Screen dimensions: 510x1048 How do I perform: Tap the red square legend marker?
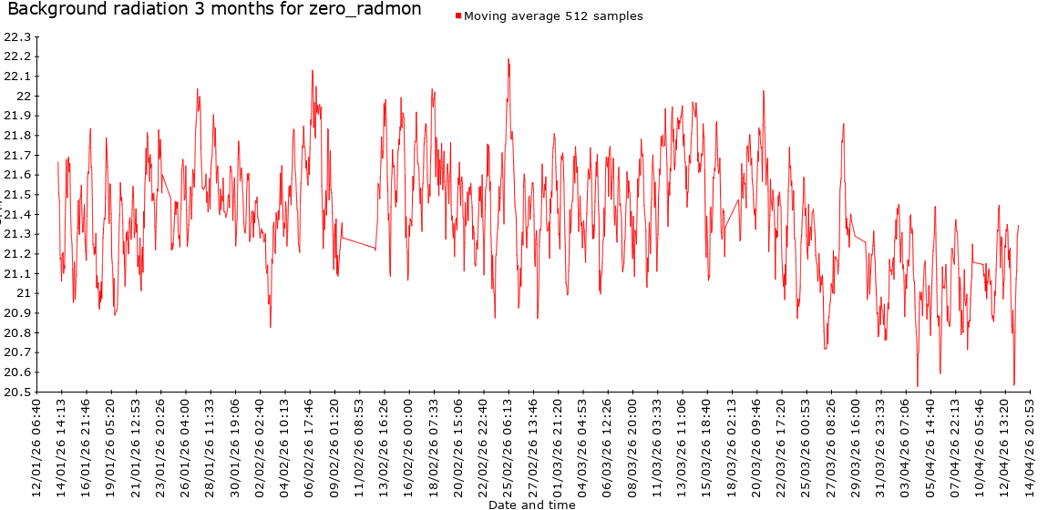(x=458, y=15)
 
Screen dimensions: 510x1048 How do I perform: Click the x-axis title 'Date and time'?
(x=531, y=504)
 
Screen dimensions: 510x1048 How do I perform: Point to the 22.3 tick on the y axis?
(x=17, y=37)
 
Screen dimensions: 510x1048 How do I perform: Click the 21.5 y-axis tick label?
(x=17, y=195)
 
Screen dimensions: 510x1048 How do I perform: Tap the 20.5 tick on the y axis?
(x=17, y=392)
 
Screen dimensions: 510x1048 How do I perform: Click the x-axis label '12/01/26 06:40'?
(x=37, y=446)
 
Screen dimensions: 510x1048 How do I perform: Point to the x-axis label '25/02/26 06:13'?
(x=509, y=446)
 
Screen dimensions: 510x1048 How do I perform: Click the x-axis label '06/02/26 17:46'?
(x=311, y=446)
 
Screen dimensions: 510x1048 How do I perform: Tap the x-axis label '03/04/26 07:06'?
(x=907, y=446)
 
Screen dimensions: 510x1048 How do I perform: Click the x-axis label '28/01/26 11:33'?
(x=211, y=446)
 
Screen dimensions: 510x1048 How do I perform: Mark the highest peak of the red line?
(x=509, y=59)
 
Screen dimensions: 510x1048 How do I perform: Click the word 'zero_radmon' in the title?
(x=375, y=10)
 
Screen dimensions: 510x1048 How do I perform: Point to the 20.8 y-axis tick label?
(x=17, y=332)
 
